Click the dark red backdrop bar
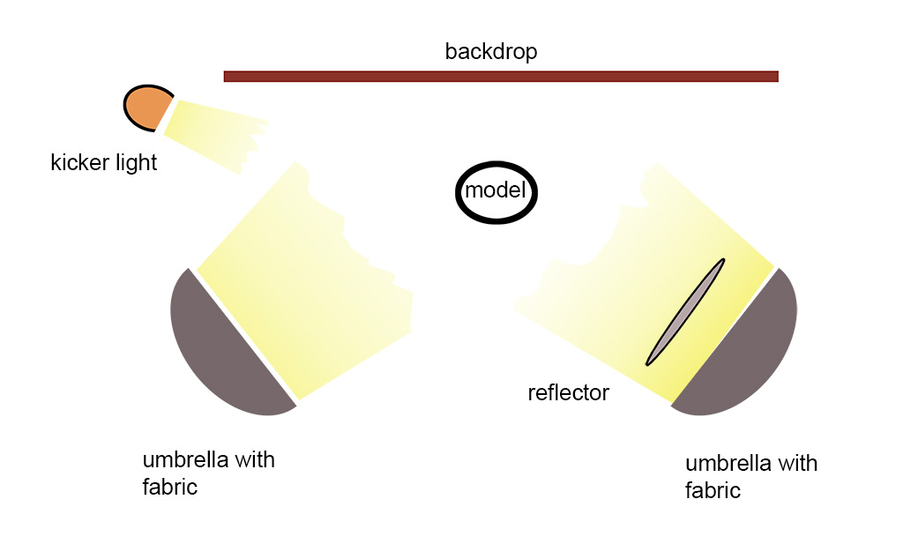pos(501,76)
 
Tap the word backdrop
pos(490,52)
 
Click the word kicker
pos(78,163)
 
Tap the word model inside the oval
pos(496,191)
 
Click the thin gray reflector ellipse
pos(685,312)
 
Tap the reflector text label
pos(568,392)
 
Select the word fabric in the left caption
pos(169,487)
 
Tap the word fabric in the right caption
pos(713,490)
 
